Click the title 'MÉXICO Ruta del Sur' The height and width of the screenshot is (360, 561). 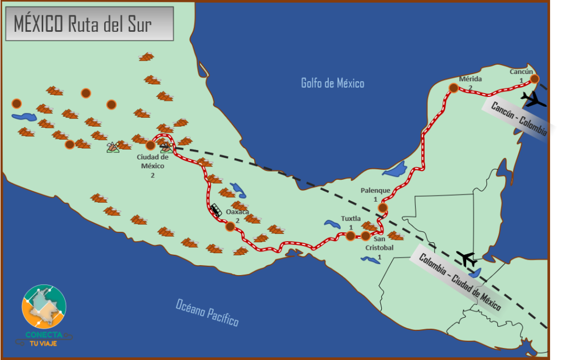coord(82,24)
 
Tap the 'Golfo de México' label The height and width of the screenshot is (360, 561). coord(333,83)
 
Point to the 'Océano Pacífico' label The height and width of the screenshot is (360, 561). coord(208,312)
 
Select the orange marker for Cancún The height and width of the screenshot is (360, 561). coord(534,79)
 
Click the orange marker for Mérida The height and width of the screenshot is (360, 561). coord(454,88)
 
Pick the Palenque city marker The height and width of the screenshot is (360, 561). coord(382,208)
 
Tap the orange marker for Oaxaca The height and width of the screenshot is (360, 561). coord(230,226)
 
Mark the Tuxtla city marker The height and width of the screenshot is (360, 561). coord(350,236)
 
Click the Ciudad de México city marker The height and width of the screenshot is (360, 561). coord(150,145)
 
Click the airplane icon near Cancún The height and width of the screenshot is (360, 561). coord(533,99)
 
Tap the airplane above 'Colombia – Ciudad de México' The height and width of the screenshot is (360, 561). coord(467,258)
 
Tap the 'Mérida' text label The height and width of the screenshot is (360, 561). coord(470,79)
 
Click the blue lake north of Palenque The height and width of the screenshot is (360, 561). coord(395,170)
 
